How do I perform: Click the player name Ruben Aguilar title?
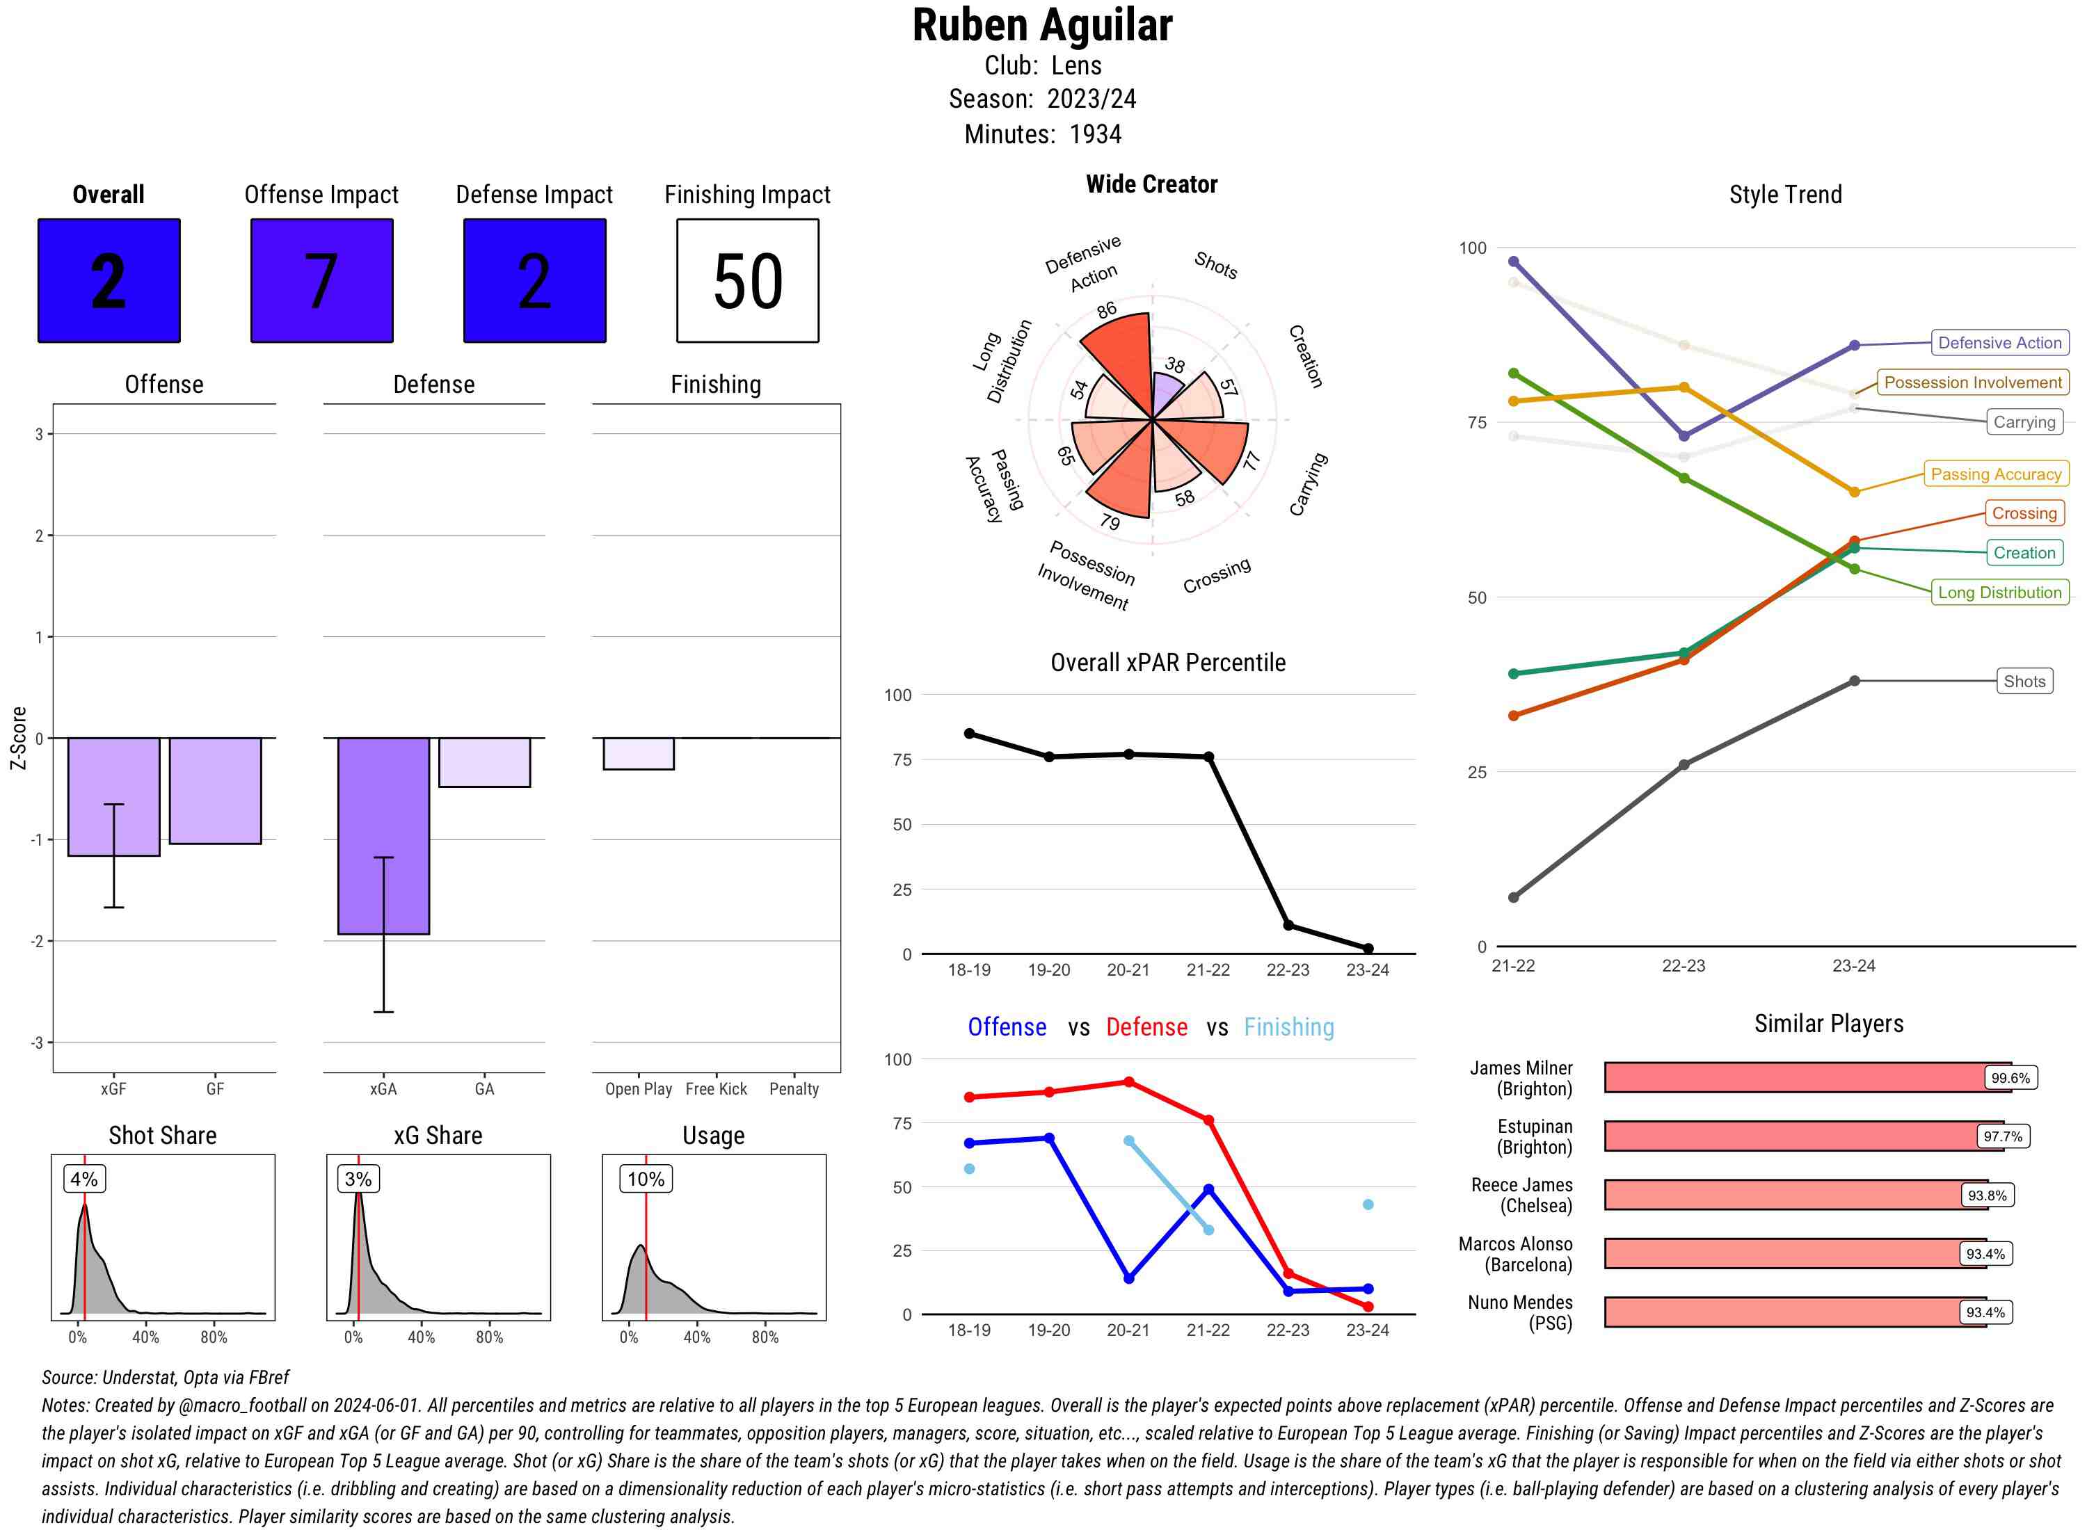1042,26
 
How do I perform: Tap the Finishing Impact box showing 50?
748,281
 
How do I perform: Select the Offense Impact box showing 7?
321,281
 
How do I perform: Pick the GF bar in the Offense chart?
215,791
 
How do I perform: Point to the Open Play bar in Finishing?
638,754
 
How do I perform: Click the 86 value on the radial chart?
1106,310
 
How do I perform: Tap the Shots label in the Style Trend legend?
2024,681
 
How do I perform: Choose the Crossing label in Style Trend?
2024,513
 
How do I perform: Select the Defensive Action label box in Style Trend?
1999,343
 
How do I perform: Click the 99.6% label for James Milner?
2010,1078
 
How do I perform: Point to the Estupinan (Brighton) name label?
1534,1136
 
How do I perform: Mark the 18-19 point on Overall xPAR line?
969,734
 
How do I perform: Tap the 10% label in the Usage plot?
646,1179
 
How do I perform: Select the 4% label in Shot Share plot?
83,1179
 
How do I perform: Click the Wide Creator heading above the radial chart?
1151,184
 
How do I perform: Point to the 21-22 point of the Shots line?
1514,897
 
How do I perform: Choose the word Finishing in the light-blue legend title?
1288,1027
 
